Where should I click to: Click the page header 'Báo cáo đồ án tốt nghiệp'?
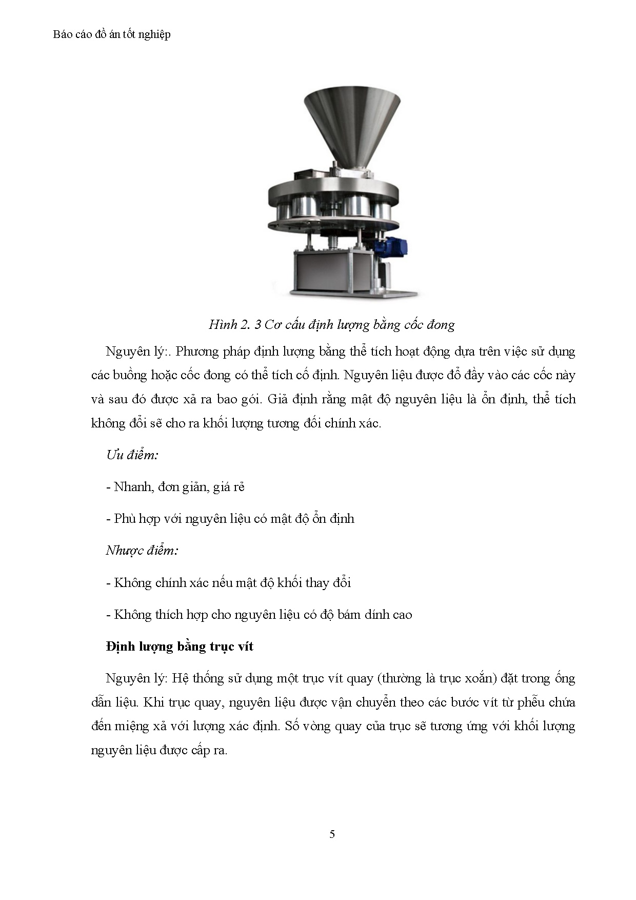[112, 35]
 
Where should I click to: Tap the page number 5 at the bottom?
[332, 834]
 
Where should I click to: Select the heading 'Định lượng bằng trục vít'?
[180, 647]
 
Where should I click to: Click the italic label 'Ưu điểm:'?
[132, 455]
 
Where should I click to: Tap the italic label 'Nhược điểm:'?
[142, 551]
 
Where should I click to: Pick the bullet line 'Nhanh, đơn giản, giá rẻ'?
[175, 487]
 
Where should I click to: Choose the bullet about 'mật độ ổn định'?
[230, 519]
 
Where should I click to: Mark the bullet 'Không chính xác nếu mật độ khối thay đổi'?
[229, 583]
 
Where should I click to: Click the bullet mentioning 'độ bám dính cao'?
[259, 615]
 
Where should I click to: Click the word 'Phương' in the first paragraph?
[197, 351]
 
